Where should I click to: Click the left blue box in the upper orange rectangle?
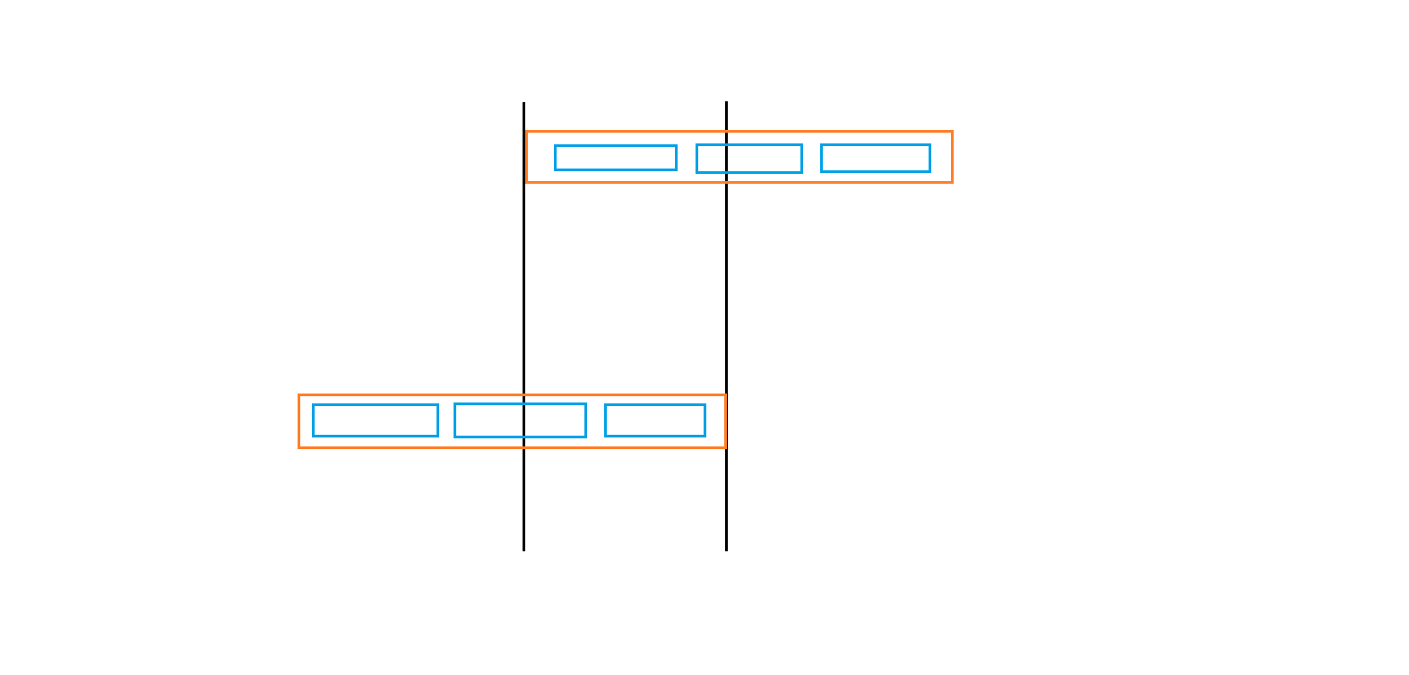pyautogui.click(x=616, y=158)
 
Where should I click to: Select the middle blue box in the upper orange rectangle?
pyautogui.click(x=749, y=159)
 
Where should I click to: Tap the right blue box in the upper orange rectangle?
pyautogui.click(x=876, y=158)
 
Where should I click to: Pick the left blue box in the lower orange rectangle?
pyautogui.click(x=376, y=420)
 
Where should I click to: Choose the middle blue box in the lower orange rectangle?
pyautogui.click(x=520, y=420)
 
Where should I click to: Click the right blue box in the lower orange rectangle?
pyautogui.click(x=655, y=420)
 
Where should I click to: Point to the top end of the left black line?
pyautogui.click(x=523, y=103)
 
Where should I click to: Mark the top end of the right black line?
pyautogui.click(x=726, y=102)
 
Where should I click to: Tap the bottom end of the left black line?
pyautogui.click(x=523, y=550)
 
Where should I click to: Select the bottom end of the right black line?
pyautogui.click(x=726, y=550)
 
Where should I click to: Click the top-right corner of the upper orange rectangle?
pyautogui.click(x=952, y=132)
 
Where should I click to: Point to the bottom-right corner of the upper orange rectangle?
pyautogui.click(x=952, y=182)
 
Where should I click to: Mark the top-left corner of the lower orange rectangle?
pyautogui.click(x=299, y=395)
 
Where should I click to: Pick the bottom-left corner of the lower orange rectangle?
pyautogui.click(x=299, y=447)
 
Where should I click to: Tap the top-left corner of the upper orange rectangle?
pyautogui.click(x=526, y=132)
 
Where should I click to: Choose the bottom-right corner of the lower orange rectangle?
pyautogui.click(x=725, y=447)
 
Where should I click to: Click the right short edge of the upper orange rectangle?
pyautogui.click(x=952, y=157)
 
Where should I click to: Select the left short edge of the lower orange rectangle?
pyautogui.click(x=299, y=421)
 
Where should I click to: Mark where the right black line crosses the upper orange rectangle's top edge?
pyautogui.click(x=726, y=132)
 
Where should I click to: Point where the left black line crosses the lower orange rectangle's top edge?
pyautogui.click(x=523, y=395)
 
